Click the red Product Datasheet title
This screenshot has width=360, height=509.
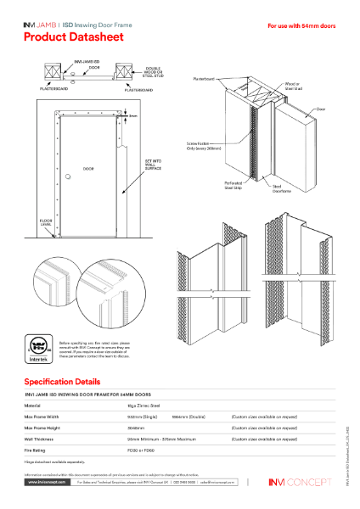(x=73, y=37)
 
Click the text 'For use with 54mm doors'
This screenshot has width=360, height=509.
(x=301, y=26)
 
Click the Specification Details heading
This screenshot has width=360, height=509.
(x=68, y=382)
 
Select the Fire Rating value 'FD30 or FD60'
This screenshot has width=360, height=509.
(x=138, y=450)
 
